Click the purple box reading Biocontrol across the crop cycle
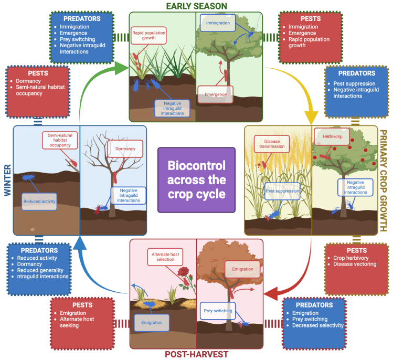pyautogui.click(x=196, y=179)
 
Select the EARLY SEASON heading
pyautogui.click(x=196, y=6)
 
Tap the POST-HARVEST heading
pyautogui.click(x=196, y=354)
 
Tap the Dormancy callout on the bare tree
pyautogui.click(x=125, y=149)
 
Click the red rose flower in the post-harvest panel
pyautogui.click(x=183, y=272)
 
